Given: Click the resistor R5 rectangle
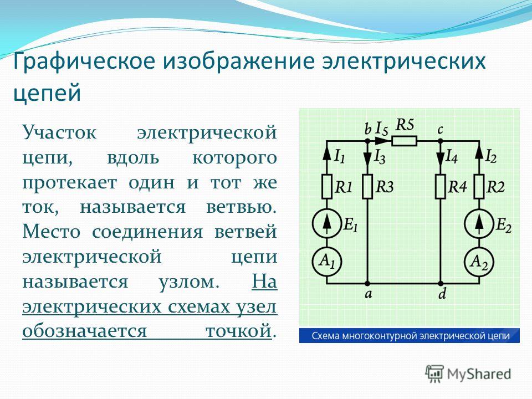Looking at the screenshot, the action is click(404, 141).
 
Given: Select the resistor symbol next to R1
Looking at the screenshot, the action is click(327, 187).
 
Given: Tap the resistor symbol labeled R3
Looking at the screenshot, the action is click(367, 187).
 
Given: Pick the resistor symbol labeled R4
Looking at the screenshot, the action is click(441, 187).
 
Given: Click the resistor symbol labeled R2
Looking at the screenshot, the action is click(479, 187).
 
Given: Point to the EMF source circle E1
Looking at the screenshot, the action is click(327, 223).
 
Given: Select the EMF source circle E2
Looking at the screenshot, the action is click(479, 223).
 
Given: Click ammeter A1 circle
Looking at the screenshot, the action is click(327, 262).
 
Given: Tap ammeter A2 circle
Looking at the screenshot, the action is click(479, 262).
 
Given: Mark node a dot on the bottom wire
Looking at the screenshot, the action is click(367, 283).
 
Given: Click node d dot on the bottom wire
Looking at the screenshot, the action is click(441, 283).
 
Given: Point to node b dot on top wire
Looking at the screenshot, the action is click(367, 141).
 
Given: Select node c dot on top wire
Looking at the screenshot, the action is click(441, 141).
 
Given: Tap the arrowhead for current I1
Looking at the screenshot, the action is click(327, 155).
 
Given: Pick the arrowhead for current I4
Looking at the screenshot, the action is click(441, 158).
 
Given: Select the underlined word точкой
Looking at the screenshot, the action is click(239, 330).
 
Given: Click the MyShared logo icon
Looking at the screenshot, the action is click(434, 374).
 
